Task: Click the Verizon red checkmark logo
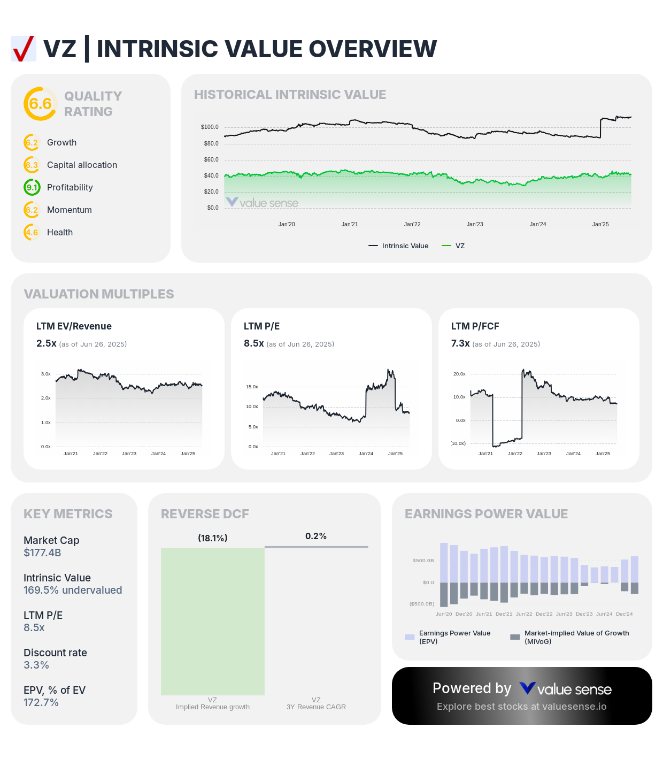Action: click(24, 49)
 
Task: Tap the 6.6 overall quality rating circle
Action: click(40, 104)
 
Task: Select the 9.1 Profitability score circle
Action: click(32, 187)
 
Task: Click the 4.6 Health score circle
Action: click(32, 232)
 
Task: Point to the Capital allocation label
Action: click(82, 165)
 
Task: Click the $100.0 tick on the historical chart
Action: click(210, 127)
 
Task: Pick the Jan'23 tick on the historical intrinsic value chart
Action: click(475, 224)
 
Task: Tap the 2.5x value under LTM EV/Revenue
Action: click(46, 343)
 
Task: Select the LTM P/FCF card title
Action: click(475, 326)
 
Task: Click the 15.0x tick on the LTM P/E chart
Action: click(252, 387)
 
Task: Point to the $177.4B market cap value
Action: click(42, 553)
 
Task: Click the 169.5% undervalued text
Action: click(73, 591)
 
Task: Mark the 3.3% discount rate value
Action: click(36, 665)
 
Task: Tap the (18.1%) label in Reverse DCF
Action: click(212, 538)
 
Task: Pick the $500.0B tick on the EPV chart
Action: click(423, 561)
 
